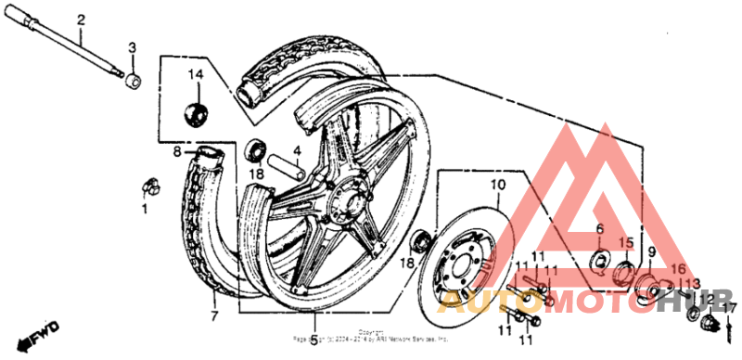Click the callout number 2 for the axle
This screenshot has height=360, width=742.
(x=81, y=19)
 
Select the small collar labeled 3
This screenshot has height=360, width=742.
(x=133, y=82)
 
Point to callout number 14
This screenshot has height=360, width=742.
(x=196, y=74)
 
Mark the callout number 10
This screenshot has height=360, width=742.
(x=497, y=185)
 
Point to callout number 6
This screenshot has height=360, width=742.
(x=599, y=227)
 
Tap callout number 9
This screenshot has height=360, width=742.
(x=651, y=251)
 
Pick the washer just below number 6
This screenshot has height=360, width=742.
(x=599, y=258)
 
